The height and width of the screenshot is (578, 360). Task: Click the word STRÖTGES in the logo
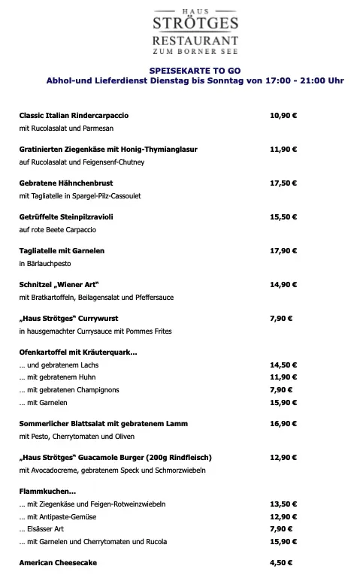tap(195, 23)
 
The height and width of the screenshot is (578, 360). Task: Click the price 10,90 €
tap(283, 116)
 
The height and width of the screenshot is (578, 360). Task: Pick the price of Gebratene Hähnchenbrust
tap(283, 183)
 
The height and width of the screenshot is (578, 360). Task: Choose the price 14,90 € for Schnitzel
tap(283, 284)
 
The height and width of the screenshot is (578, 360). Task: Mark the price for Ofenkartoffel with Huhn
tap(283, 377)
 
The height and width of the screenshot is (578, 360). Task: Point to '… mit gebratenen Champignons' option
tap(69, 390)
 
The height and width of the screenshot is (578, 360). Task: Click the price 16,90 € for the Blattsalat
tap(283, 424)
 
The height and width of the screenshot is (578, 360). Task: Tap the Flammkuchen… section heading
tap(47, 491)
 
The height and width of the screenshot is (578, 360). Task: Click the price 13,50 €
tap(283, 504)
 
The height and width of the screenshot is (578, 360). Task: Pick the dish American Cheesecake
tap(58, 562)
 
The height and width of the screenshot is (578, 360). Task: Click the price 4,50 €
tap(281, 562)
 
